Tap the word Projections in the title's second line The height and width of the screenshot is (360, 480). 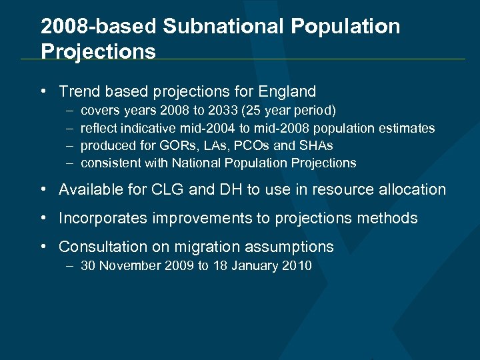pyautogui.click(x=98, y=51)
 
